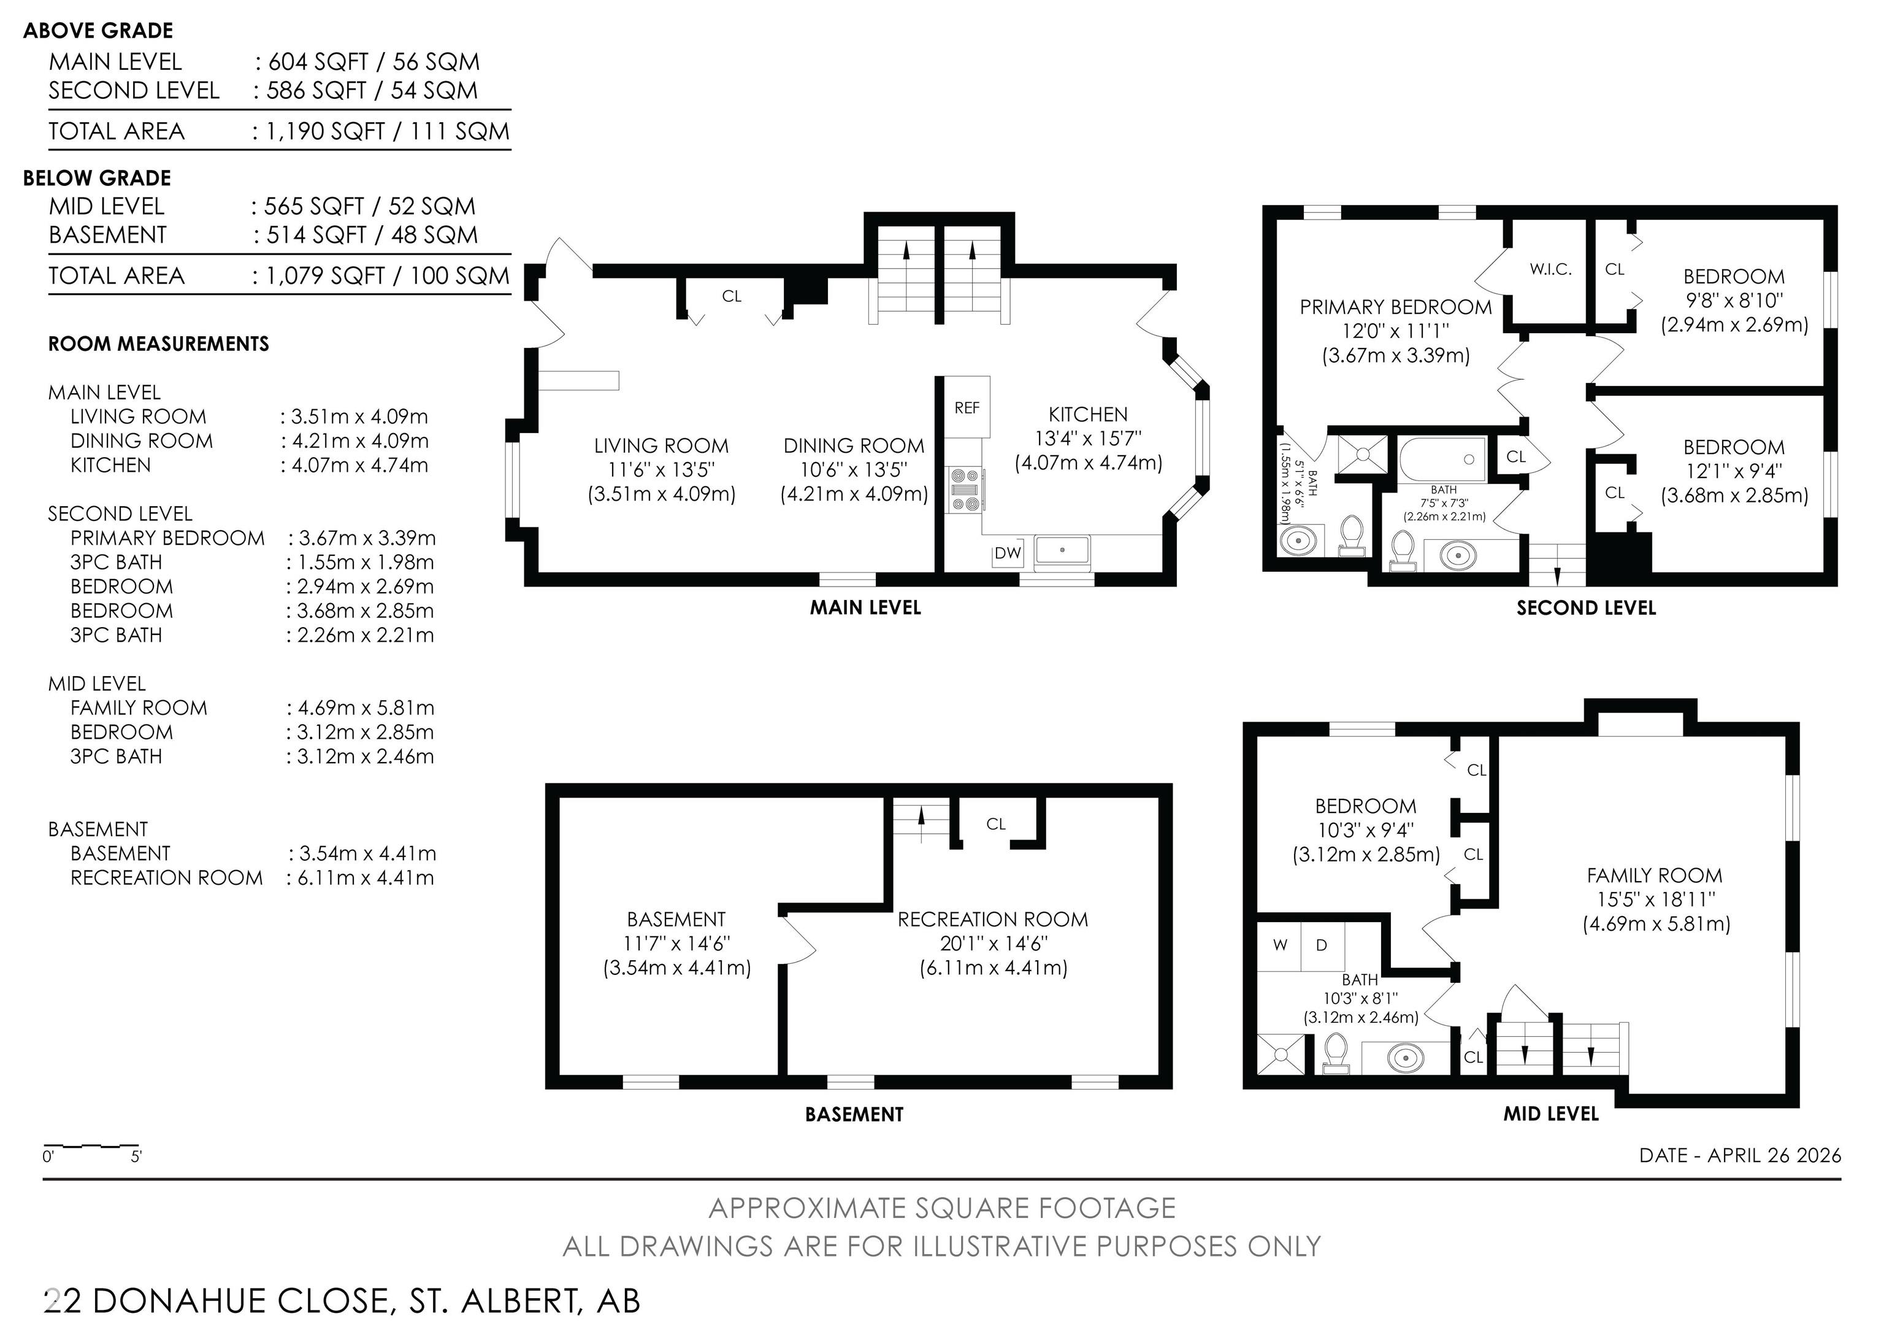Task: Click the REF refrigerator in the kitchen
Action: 967,407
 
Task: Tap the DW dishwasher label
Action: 1008,553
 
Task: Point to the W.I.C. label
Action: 1550,269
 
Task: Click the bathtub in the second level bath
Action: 1442,460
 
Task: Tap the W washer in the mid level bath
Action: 1280,945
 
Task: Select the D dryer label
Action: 1321,945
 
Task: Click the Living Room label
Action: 661,445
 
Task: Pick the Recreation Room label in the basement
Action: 993,919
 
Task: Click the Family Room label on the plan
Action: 1654,876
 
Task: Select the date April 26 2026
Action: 1740,1155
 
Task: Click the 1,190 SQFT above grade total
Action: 326,131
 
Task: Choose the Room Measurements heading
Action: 158,344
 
